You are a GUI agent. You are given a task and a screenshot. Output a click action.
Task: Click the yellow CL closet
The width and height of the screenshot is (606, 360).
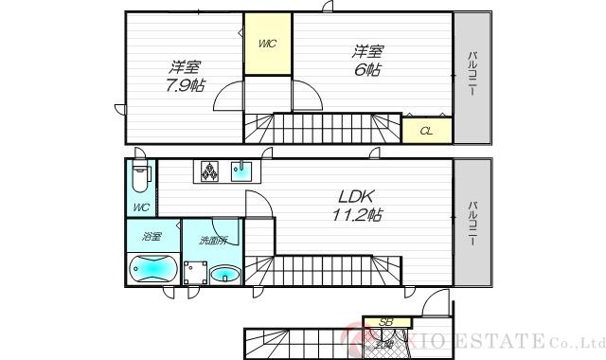pos(426,130)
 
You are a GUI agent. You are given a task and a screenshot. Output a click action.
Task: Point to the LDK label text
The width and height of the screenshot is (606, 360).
pos(358,196)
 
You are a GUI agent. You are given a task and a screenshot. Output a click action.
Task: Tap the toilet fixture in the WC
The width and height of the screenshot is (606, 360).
pos(140,177)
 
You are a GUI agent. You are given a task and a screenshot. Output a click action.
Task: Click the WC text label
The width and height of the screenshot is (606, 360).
pos(140,207)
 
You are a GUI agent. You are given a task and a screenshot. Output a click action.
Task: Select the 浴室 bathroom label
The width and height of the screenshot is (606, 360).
pos(151,236)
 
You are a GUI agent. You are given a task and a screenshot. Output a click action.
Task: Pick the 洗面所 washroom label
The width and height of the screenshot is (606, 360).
pos(212,241)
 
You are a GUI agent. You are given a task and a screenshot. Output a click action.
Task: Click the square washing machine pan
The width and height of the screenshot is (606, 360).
pos(196,273)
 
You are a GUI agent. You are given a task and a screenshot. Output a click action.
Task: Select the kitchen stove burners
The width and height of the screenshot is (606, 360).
pos(208,171)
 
